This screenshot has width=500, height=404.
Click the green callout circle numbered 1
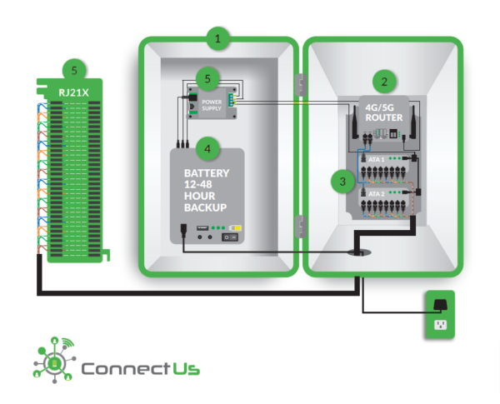click(217, 38)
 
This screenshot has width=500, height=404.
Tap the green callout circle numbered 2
click(383, 82)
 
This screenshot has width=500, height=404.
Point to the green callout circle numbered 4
click(207, 151)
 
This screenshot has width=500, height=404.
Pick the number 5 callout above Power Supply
click(208, 79)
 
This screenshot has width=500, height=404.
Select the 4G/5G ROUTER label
click(384, 112)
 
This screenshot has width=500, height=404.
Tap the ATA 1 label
click(377, 157)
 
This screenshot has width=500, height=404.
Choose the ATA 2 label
click(377, 192)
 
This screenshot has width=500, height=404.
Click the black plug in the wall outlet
click(438, 304)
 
